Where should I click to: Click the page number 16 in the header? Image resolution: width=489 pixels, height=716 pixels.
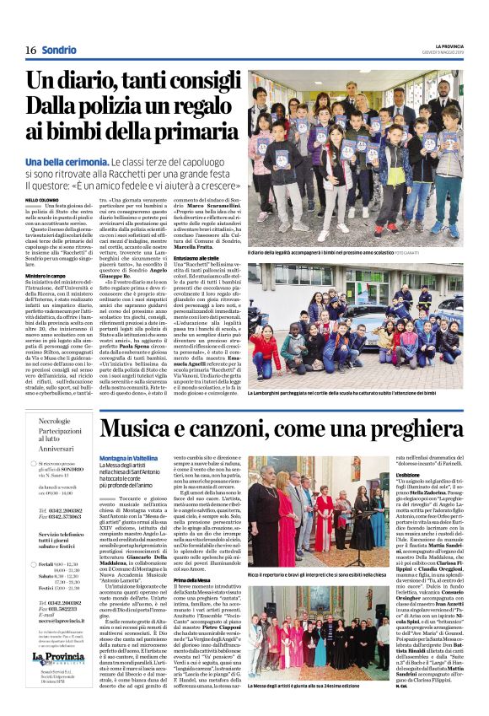click(x=30, y=50)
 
